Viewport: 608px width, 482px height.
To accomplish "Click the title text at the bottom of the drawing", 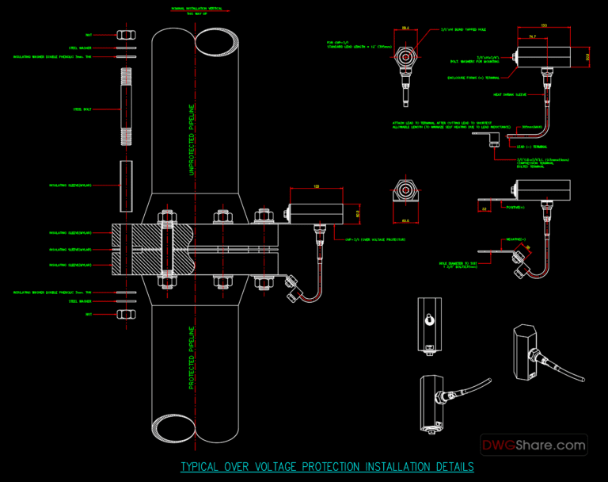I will coord(327,467).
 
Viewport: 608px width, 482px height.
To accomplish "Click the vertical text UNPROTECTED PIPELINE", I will coord(191,140).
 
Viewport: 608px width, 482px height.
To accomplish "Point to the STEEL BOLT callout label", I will coord(82,109).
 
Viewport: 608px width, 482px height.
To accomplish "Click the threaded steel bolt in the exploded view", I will coord(127,105).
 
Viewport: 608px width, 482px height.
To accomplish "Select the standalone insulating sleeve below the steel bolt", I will coord(127,186).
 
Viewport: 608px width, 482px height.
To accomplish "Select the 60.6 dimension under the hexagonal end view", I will coord(405,221).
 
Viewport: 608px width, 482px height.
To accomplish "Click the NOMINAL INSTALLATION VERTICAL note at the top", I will coord(196,10).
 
